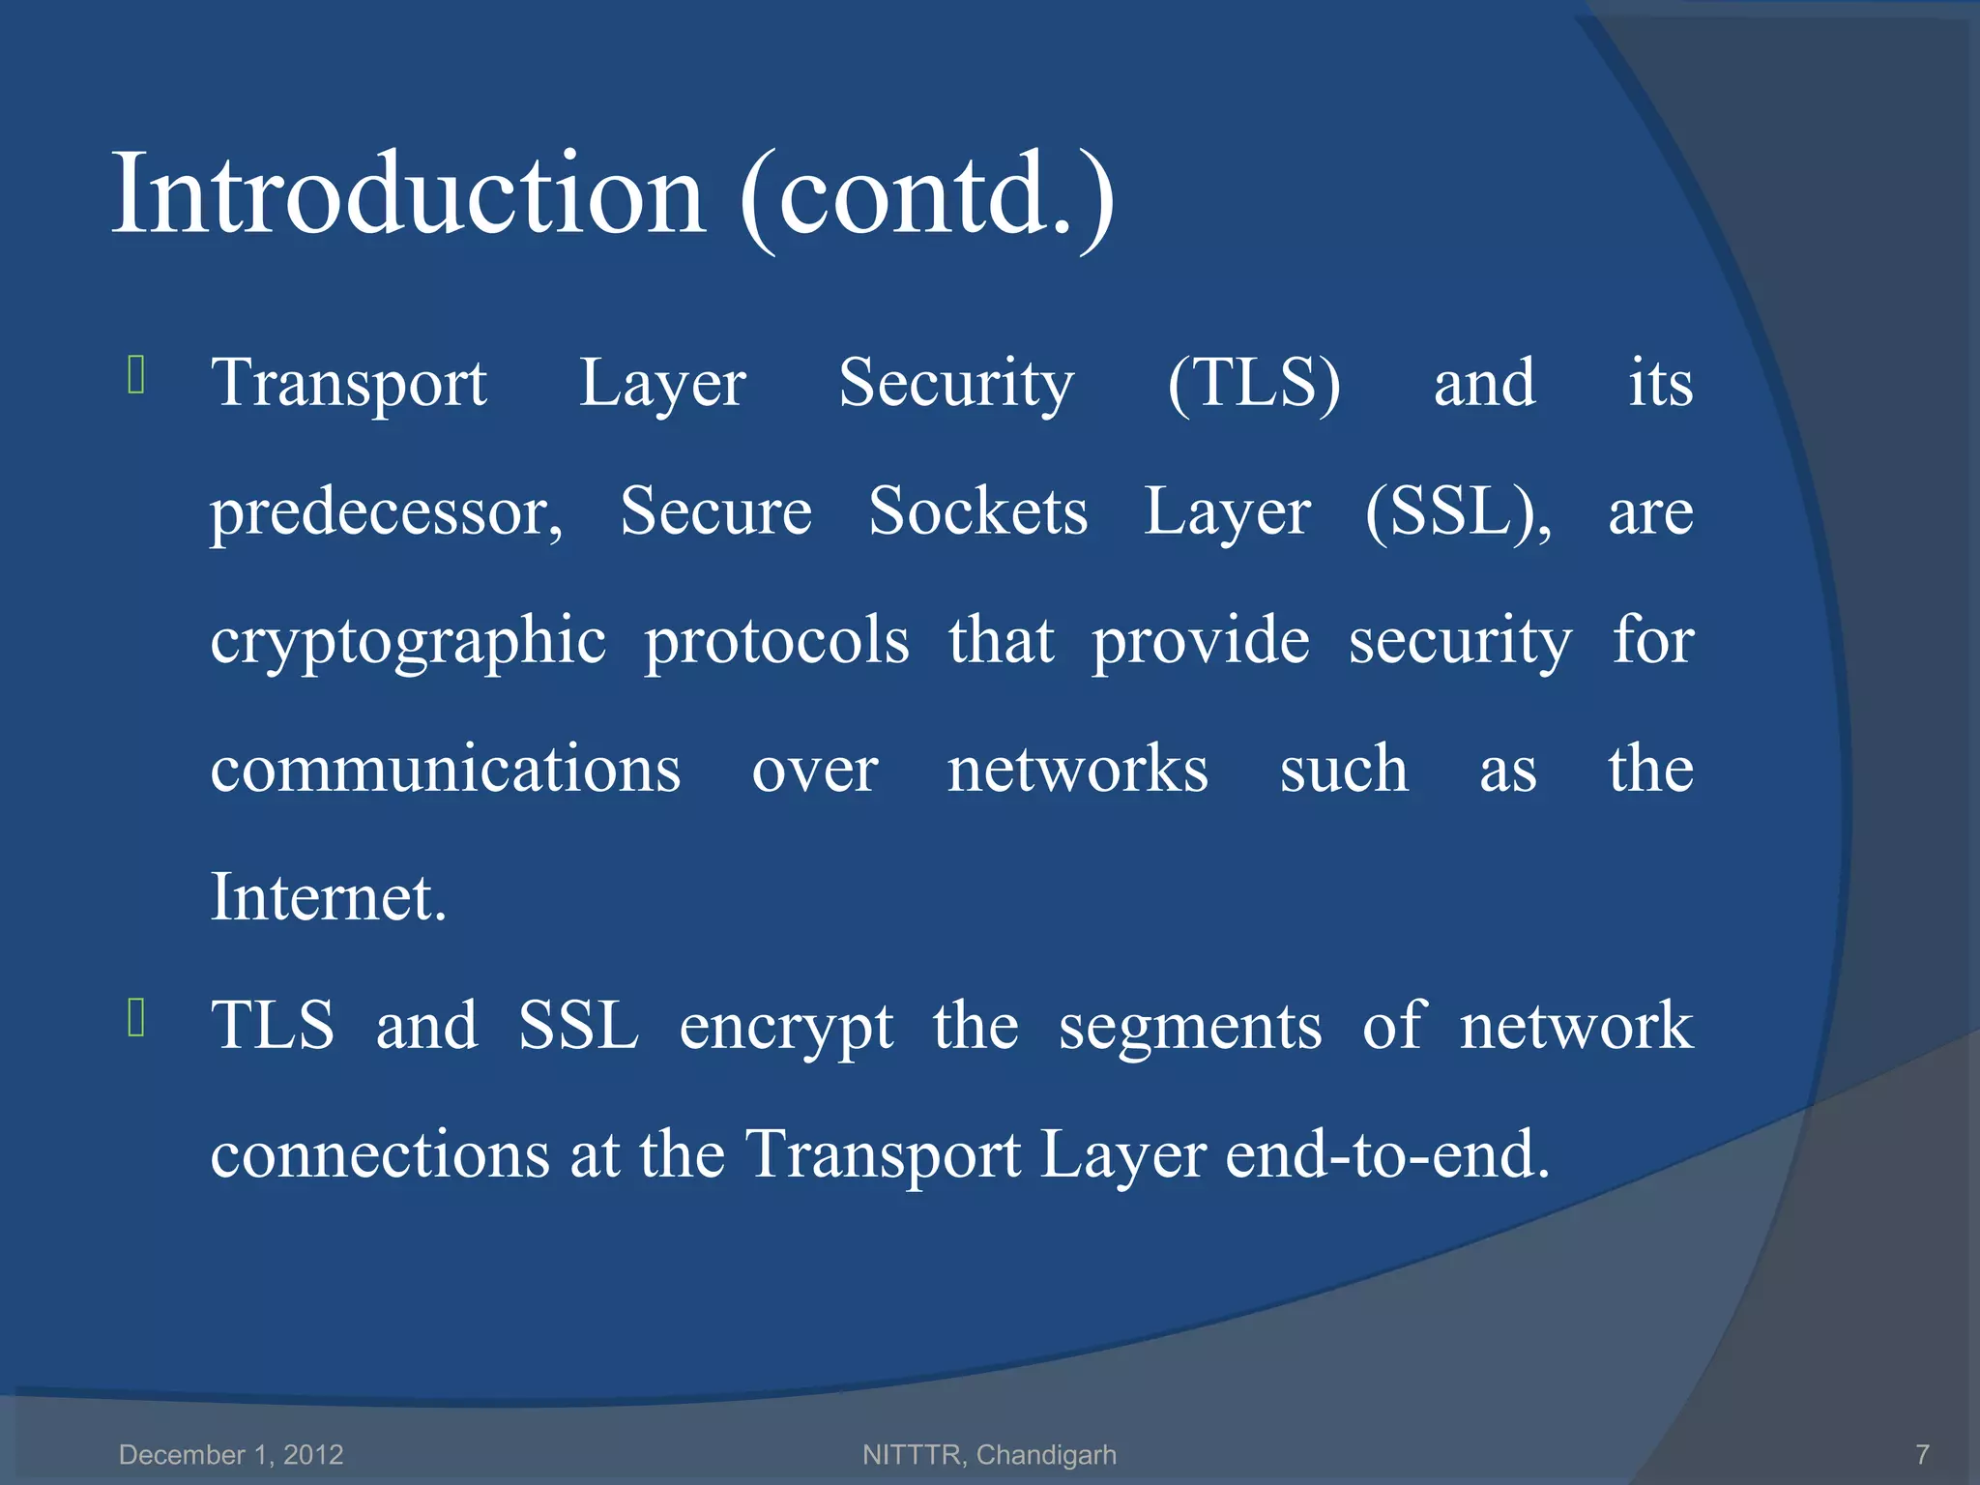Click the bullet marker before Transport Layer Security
136,375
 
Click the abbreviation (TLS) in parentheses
1254,383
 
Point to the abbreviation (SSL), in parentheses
1458,511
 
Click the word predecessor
386,513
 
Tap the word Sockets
977,511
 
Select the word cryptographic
408,642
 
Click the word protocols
776,642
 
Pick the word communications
445,770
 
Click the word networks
1077,770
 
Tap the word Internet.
328,897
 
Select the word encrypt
785,1028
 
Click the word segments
1189,1028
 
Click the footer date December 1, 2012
231,1454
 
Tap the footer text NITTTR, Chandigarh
989,1454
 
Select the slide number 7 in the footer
1922,1454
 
